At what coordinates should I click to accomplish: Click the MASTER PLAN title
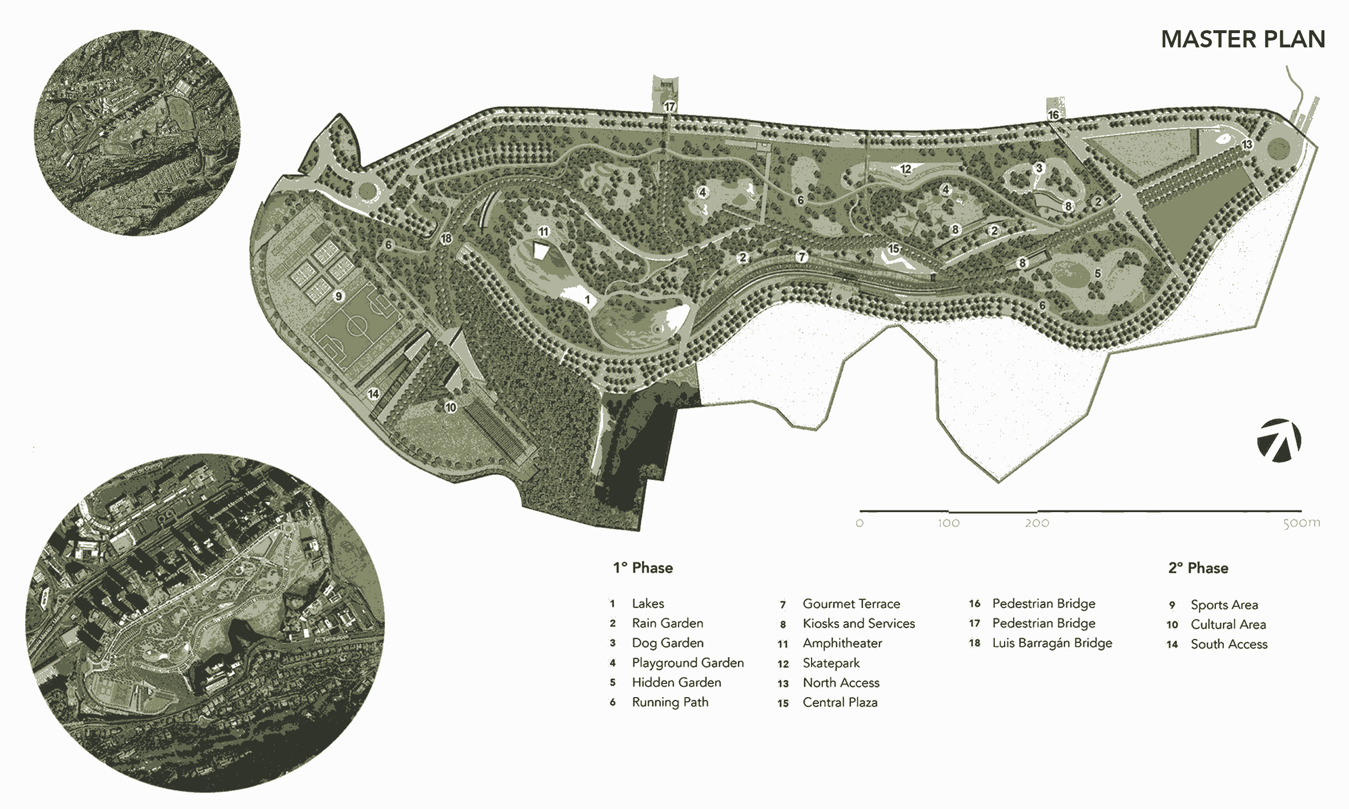click(1243, 39)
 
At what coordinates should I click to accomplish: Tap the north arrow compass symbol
click(1279, 440)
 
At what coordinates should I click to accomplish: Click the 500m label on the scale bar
click(1302, 523)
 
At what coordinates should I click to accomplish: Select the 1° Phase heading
click(643, 567)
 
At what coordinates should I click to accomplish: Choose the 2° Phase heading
click(1198, 567)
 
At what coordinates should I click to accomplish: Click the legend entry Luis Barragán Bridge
click(1052, 643)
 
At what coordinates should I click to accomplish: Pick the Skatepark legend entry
click(831, 663)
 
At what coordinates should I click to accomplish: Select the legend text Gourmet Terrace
click(851, 603)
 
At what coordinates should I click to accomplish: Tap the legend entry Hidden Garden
click(676, 682)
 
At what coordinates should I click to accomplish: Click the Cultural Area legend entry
click(1228, 624)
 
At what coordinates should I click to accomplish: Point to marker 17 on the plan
click(669, 106)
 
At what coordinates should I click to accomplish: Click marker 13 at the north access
click(1247, 144)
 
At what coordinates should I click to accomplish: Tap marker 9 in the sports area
click(339, 296)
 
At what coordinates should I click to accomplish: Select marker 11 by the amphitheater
click(543, 232)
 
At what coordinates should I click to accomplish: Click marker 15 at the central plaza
click(893, 249)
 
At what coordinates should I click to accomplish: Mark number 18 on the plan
click(446, 239)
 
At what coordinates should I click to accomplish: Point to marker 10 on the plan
click(451, 407)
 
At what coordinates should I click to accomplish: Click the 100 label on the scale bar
click(948, 523)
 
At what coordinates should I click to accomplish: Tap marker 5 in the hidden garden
click(1097, 273)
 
